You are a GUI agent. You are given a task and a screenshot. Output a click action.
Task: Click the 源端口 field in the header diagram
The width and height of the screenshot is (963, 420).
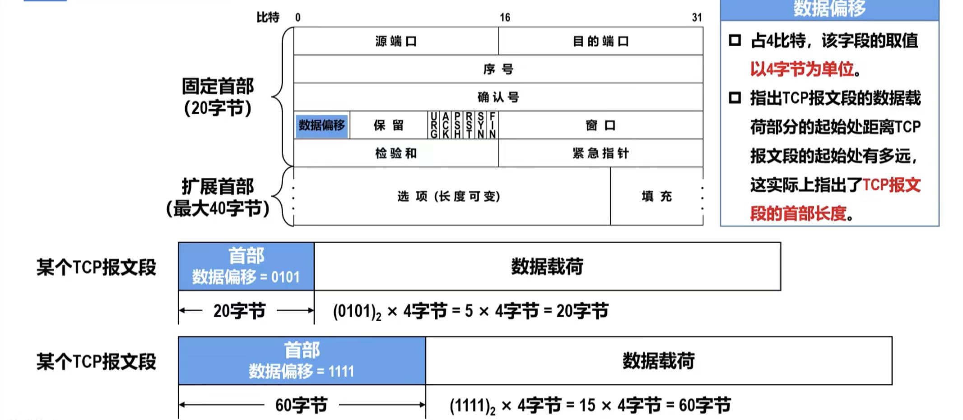tap(395, 42)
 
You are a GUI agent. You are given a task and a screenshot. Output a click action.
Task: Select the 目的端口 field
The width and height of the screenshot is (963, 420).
tap(600, 42)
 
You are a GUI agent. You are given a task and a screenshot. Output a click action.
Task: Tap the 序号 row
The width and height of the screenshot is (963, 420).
tap(498, 69)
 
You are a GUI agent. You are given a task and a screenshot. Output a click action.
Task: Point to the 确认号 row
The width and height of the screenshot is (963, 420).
tap(498, 97)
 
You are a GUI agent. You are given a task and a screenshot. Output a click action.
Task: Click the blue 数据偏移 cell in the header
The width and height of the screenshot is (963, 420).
tap(322, 125)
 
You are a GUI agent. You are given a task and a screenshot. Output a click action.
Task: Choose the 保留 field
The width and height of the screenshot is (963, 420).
tap(388, 125)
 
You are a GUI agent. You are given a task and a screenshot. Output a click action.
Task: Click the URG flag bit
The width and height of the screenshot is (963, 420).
tap(434, 125)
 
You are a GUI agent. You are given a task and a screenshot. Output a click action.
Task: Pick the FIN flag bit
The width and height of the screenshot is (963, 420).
tap(493, 125)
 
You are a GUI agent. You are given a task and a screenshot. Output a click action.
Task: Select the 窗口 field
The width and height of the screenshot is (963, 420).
tap(600, 125)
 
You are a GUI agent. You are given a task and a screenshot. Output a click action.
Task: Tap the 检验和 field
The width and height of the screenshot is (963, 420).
tap(395, 153)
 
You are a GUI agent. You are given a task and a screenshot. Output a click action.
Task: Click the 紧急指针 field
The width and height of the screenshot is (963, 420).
tap(600, 153)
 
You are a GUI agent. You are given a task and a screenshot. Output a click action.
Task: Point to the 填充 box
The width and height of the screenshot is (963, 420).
tap(656, 196)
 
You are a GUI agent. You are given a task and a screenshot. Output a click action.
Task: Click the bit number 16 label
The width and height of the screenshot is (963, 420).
tap(505, 18)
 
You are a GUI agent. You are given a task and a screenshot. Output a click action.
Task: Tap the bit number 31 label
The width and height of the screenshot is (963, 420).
tap(697, 18)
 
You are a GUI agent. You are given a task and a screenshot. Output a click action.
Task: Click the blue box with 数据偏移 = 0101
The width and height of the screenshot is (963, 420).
tap(246, 267)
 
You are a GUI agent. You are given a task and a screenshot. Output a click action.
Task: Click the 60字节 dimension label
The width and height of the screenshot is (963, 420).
tap(301, 405)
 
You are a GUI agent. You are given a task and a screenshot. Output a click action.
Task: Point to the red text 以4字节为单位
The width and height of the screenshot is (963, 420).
tap(802, 69)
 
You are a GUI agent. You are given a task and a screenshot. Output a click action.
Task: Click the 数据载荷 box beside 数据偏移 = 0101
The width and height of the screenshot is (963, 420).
tap(547, 267)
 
